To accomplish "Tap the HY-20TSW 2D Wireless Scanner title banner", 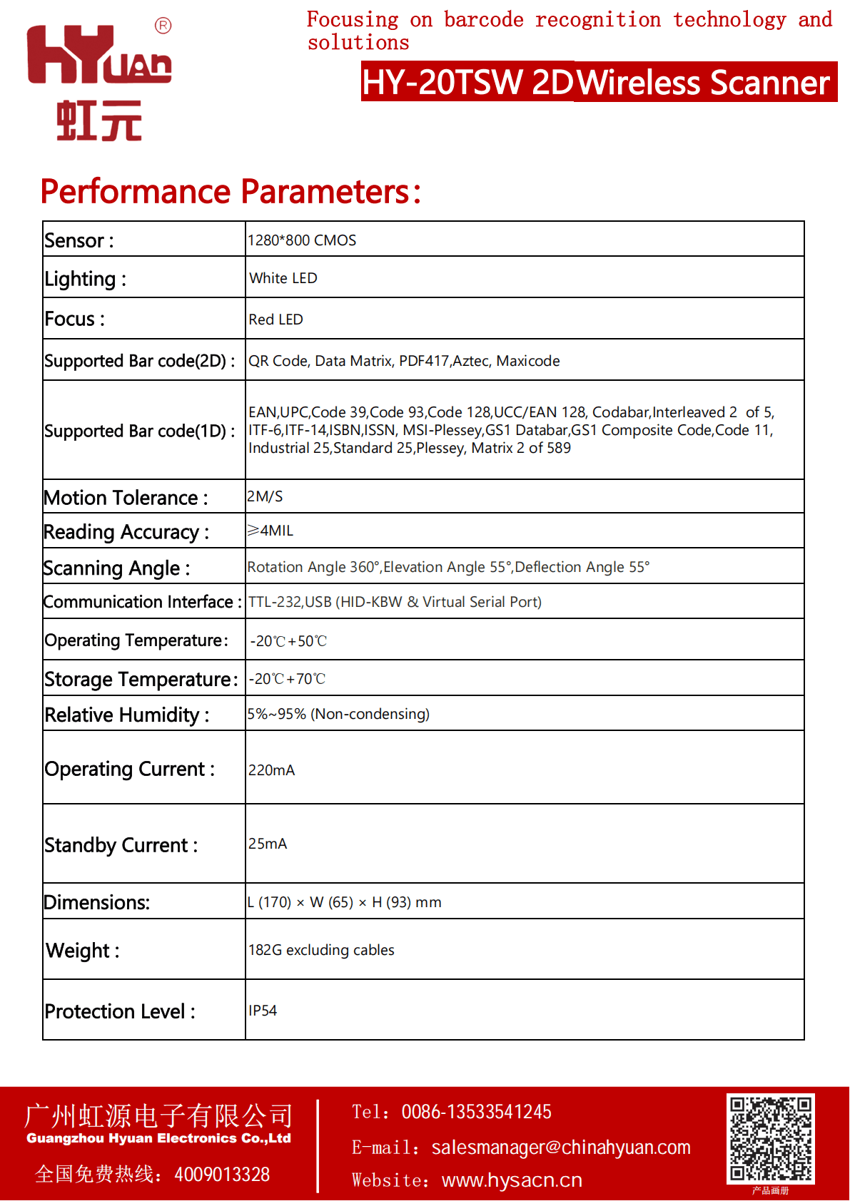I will point(598,82).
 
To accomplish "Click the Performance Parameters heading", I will point(231,192).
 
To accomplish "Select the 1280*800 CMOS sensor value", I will point(302,240).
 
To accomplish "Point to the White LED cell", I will point(283,278).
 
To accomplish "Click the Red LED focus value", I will point(275,320).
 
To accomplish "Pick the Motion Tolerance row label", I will point(126,498).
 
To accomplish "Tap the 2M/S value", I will point(265,496).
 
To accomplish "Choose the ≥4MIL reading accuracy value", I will point(270,531).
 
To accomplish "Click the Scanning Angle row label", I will point(117,568).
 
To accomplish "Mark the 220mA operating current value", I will point(271,770).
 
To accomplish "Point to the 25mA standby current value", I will point(268,844).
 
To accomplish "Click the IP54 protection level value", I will point(263,1011).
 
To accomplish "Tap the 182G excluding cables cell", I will point(321,950).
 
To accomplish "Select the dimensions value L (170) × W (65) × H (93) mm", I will point(345,902).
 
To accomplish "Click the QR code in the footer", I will point(770,1138).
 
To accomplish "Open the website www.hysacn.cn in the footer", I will point(512,1180).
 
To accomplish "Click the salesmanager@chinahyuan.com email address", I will point(561,1148).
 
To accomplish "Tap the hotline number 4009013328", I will point(222,1175).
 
